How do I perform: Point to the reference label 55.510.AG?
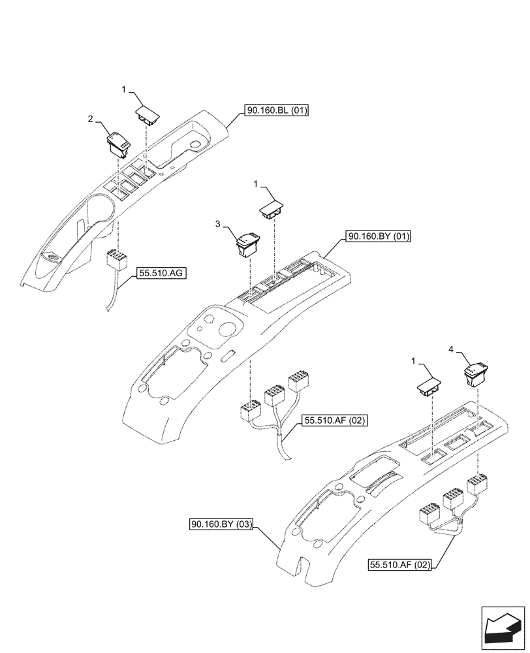coord(161,274)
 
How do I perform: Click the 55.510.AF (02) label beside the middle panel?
coord(335,422)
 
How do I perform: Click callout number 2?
coord(91,119)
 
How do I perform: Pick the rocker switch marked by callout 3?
coord(246,244)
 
